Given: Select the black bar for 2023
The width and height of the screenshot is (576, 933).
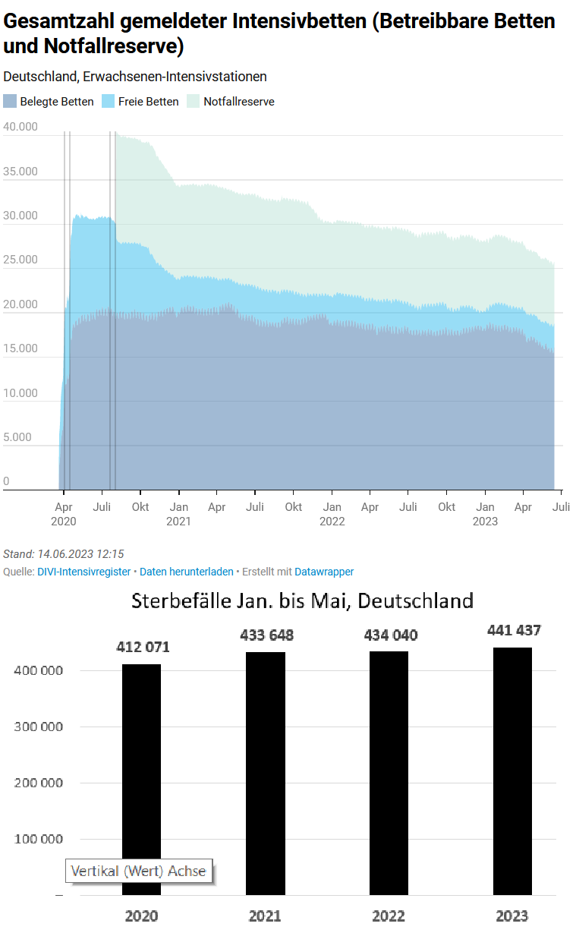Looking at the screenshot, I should (x=512, y=771).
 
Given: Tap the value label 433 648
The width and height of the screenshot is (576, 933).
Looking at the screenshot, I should (x=266, y=635).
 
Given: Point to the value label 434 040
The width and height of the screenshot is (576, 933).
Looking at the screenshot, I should (x=390, y=635).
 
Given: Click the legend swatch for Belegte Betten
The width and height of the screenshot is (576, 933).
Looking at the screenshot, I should (x=10, y=102).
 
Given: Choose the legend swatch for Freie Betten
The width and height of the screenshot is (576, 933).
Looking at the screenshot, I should (x=108, y=102).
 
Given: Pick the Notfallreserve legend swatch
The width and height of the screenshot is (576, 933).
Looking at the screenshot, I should (x=193, y=102).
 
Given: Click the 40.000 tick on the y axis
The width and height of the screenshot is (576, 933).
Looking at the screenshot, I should (x=20, y=127).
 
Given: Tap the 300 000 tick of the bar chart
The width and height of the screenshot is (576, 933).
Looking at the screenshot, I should (x=38, y=727).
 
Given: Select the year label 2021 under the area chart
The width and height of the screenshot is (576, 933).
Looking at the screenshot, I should (x=178, y=522).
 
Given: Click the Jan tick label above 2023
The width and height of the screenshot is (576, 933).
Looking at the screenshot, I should (x=485, y=506).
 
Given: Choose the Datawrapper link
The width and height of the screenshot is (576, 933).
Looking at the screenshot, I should (x=324, y=572).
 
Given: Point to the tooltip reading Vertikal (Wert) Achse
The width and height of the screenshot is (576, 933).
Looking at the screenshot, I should (x=139, y=871).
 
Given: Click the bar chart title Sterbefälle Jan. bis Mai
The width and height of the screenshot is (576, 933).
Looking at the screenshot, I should (x=302, y=601).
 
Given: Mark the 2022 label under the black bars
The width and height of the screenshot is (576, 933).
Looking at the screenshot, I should (x=389, y=916).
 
